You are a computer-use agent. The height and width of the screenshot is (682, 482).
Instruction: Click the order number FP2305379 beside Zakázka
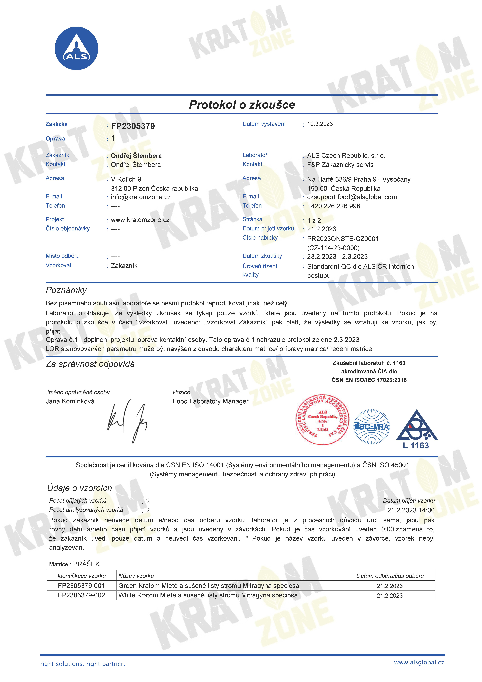(133, 126)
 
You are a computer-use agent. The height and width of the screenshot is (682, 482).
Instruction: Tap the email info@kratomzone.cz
(141, 197)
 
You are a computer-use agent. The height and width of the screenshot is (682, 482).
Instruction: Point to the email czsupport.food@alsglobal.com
(352, 197)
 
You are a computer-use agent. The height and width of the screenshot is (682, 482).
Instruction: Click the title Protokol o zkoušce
(242, 105)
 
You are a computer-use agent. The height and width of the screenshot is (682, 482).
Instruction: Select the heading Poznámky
(66, 290)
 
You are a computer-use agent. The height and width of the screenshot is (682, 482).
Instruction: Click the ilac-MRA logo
(372, 427)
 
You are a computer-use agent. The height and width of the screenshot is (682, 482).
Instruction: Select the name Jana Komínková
(70, 401)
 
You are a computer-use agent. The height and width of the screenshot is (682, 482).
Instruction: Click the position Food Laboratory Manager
(210, 401)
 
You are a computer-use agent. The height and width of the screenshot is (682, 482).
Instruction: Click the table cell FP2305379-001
(81, 586)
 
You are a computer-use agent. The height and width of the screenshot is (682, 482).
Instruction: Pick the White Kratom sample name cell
(208, 595)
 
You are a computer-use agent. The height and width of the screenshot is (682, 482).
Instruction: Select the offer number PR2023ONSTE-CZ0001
(343, 239)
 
